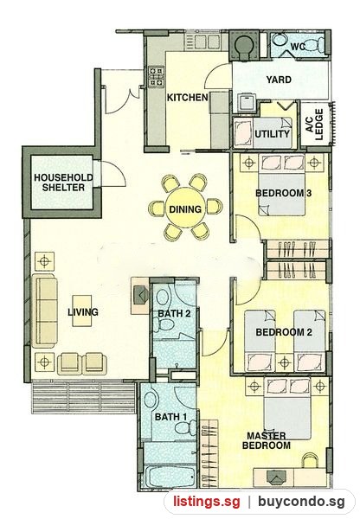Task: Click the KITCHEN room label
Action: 187,98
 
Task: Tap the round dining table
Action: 185,209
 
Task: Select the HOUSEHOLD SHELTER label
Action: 63,183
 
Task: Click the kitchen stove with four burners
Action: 156,77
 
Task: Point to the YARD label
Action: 279,80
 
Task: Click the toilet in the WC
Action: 315,44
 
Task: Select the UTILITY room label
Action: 273,134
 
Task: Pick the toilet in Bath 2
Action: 164,324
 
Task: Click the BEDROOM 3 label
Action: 284,193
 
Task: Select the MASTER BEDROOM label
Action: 267,440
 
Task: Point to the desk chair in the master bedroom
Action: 311,461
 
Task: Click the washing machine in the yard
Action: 247,102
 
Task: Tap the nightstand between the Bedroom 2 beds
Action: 285,362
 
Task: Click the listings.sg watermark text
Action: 206,502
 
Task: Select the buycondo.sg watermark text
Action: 301,502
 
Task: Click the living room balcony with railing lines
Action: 84,397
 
